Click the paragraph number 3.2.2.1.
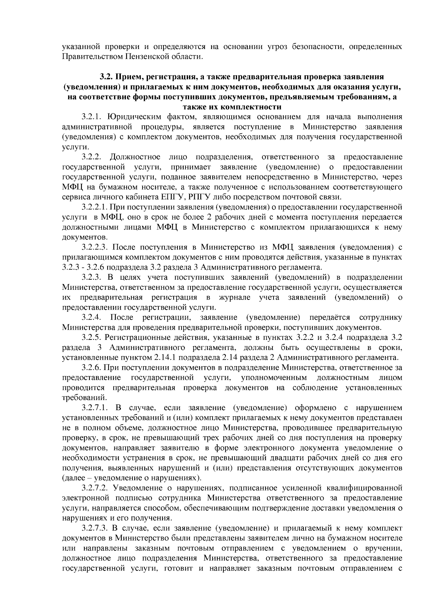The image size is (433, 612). click(x=94, y=207)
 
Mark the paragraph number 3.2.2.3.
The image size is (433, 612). click(x=94, y=247)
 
